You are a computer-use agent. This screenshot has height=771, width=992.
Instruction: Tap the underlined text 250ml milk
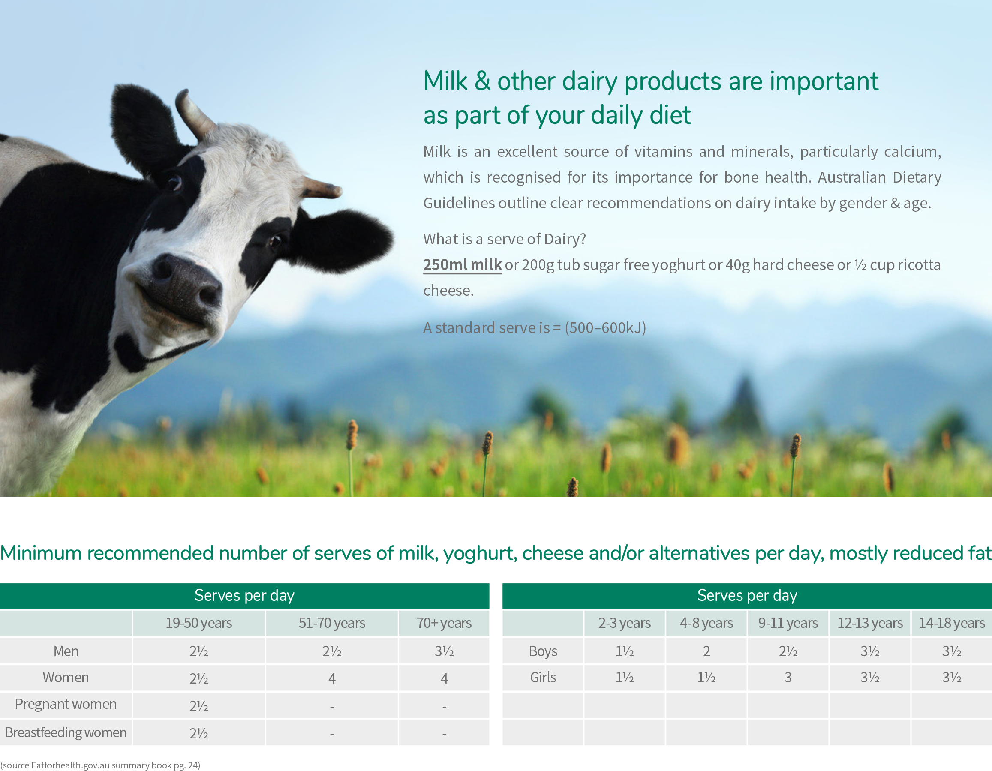click(463, 264)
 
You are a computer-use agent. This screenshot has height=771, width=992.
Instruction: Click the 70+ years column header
click(444, 623)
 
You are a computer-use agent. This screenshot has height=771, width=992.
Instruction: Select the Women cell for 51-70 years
click(332, 678)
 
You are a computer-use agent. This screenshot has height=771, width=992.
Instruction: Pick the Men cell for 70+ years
click(444, 651)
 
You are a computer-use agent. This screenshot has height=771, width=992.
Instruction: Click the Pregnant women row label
click(66, 704)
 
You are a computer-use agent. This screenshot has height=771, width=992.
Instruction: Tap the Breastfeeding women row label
click(66, 732)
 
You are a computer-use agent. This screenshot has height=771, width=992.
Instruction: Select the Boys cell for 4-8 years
click(706, 651)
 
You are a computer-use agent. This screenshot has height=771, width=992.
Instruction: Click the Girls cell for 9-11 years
click(788, 678)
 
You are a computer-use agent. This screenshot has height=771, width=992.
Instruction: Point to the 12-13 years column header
click(870, 623)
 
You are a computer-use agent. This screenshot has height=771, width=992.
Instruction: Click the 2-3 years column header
click(625, 623)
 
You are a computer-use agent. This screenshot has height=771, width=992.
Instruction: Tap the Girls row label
click(543, 678)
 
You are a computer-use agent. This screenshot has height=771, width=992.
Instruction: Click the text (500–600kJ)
click(605, 327)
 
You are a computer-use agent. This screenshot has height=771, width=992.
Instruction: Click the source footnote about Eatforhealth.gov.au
click(100, 765)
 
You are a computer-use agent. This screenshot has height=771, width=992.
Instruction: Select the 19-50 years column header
click(199, 623)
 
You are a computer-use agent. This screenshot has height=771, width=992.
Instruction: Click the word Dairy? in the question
click(565, 239)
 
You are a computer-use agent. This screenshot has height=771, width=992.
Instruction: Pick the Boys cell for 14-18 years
click(952, 651)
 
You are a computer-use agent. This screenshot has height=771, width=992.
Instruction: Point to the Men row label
click(66, 651)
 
